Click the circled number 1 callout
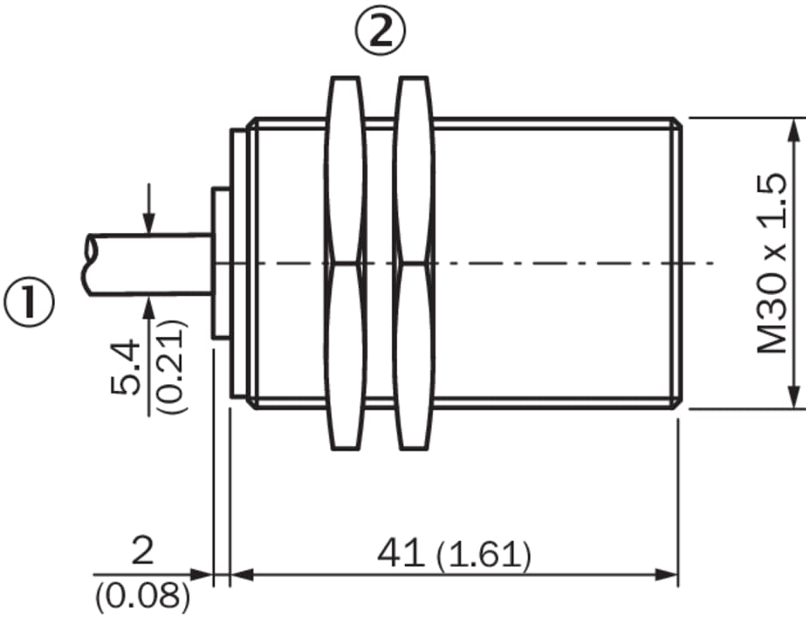point(29,303)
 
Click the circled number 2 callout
point(381,32)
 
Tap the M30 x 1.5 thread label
point(772,263)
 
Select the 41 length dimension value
point(401,554)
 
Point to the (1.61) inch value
point(484,556)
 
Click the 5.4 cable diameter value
point(125,367)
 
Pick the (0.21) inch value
point(171,367)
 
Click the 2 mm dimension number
point(142,550)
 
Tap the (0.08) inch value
point(142,595)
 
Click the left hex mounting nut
point(345,263)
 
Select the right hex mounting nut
point(414,263)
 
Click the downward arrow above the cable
point(148,208)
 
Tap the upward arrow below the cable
point(148,355)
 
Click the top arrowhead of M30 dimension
point(795,132)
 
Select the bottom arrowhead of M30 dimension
point(795,395)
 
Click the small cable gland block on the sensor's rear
point(220,263)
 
